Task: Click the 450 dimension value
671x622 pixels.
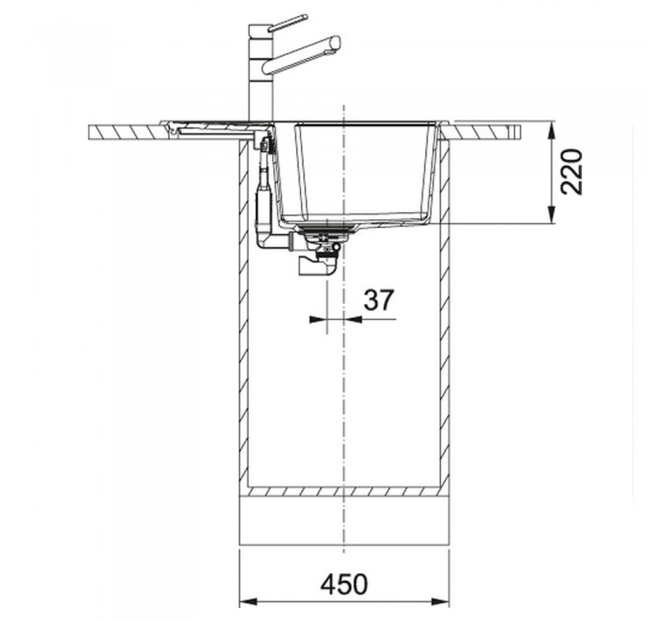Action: tap(343, 583)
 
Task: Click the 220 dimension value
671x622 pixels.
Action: tap(572, 172)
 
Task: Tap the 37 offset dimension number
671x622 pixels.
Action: tap(378, 300)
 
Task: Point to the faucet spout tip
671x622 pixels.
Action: tap(335, 43)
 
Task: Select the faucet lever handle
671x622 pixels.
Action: tap(287, 23)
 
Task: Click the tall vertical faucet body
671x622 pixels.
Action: tap(261, 73)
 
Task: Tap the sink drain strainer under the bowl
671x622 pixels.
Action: tap(328, 231)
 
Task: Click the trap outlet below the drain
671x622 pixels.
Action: tap(317, 265)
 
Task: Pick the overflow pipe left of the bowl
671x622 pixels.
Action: tap(263, 196)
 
